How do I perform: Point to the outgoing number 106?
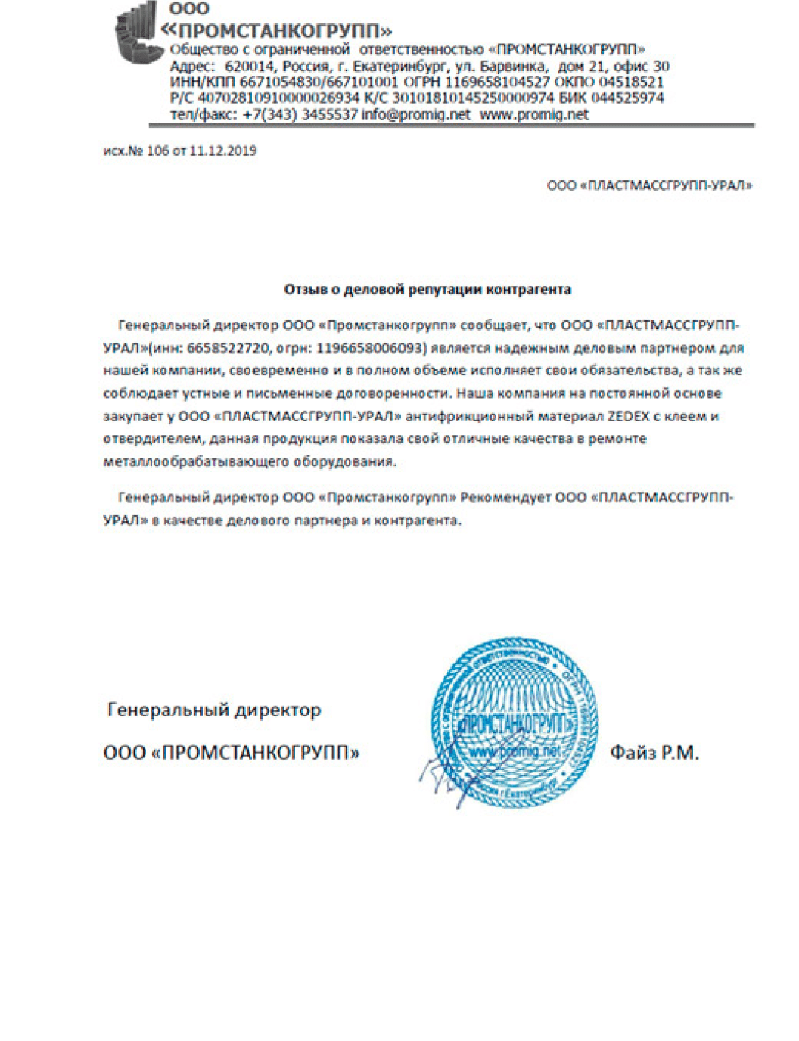(x=157, y=151)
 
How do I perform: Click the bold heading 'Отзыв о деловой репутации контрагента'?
(x=427, y=289)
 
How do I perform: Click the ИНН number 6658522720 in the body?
(x=227, y=348)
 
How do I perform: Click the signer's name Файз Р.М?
(x=654, y=753)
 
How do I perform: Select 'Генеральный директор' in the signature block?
(x=214, y=710)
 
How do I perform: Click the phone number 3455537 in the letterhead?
(x=329, y=115)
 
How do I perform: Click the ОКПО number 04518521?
(x=626, y=82)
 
